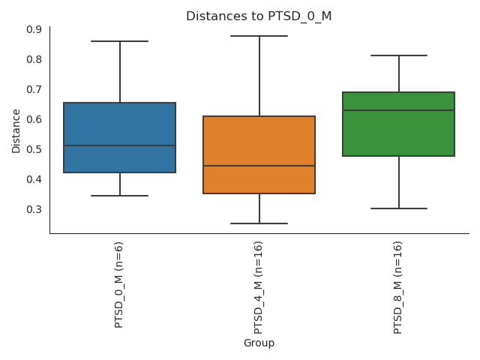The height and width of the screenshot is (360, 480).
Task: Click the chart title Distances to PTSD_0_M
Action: click(259, 16)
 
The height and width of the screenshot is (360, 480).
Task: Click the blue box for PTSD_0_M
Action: click(120, 124)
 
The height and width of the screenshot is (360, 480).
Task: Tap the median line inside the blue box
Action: click(120, 145)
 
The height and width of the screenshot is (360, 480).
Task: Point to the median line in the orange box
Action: click(259, 166)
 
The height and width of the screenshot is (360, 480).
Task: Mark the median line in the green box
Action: click(399, 110)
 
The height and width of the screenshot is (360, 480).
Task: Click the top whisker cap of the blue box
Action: click(120, 41)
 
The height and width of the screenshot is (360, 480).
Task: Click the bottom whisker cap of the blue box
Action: click(120, 196)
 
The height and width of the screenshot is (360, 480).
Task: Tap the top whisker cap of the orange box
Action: click(259, 36)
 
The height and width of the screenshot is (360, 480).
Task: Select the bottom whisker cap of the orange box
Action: click(259, 223)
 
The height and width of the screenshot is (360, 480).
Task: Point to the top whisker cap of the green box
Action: click(399, 55)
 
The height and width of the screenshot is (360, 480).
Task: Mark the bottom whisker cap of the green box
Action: click(399, 208)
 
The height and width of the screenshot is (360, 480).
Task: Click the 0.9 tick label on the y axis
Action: click(34, 29)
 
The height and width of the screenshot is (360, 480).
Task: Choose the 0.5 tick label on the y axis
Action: click(34, 149)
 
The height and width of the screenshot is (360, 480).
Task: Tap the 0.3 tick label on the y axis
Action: click(34, 209)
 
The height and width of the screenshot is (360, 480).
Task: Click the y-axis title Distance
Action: click(16, 130)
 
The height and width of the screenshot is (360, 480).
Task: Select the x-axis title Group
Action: click(259, 343)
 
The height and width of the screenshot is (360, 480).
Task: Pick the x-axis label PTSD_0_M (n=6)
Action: click(119, 284)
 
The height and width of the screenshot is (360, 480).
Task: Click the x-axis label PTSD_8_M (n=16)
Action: click(398, 287)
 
